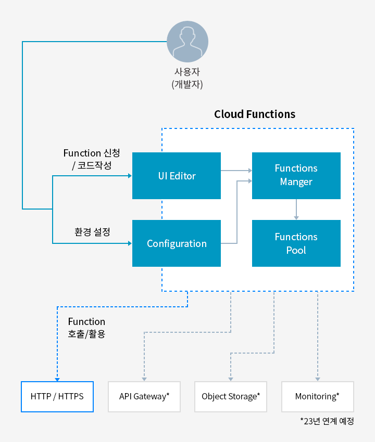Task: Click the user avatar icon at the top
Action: (x=187, y=42)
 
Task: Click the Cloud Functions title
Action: (x=255, y=114)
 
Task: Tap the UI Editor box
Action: (x=177, y=176)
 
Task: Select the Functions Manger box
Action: (x=296, y=175)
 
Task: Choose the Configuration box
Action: (x=177, y=243)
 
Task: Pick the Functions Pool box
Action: (x=296, y=243)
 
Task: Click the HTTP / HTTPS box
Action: (x=57, y=397)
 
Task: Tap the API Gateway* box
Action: (x=144, y=397)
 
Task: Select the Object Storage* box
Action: (x=231, y=397)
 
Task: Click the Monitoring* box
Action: (x=317, y=397)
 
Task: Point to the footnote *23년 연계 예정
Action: (x=327, y=421)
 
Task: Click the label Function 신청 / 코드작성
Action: (x=91, y=159)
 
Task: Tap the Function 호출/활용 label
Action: (x=86, y=328)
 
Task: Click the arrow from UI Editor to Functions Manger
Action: (x=236, y=170)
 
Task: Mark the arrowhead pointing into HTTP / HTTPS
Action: (x=57, y=380)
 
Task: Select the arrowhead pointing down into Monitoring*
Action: (x=317, y=380)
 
